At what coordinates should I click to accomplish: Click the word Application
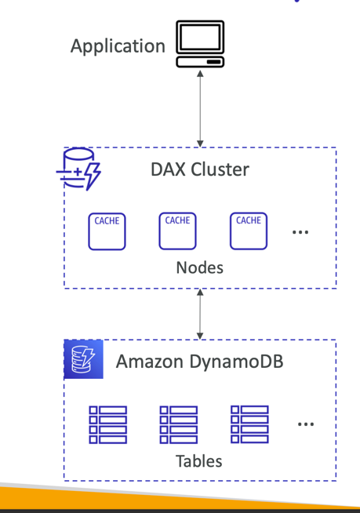click(x=118, y=46)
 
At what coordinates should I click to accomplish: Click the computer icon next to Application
click(x=200, y=45)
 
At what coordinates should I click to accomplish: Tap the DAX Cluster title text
click(x=199, y=170)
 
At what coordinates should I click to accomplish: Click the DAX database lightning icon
click(x=79, y=169)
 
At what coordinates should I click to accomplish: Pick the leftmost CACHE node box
click(x=107, y=231)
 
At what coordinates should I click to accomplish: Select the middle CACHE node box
click(x=177, y=231)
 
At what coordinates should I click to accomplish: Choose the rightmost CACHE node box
click(x=248, y=231)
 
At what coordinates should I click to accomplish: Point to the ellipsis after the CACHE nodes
click(x=300, y=232)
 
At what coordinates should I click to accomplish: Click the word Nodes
click(x=199, y=267)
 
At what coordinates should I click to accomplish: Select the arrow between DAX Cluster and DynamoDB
click(x=200, y=314)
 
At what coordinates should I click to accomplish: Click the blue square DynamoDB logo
click(x=83, y=359)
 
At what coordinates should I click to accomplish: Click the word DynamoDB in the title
click(x=236, y=362)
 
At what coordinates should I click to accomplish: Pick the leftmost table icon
click(x=107, y=424)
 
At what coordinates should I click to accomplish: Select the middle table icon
click(x=178, y=424)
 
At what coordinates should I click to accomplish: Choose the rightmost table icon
click(x=249, y=424)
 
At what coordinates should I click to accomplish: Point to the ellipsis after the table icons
click(x=306, y=425)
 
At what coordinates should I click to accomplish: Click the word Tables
click(x=199, y=460)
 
